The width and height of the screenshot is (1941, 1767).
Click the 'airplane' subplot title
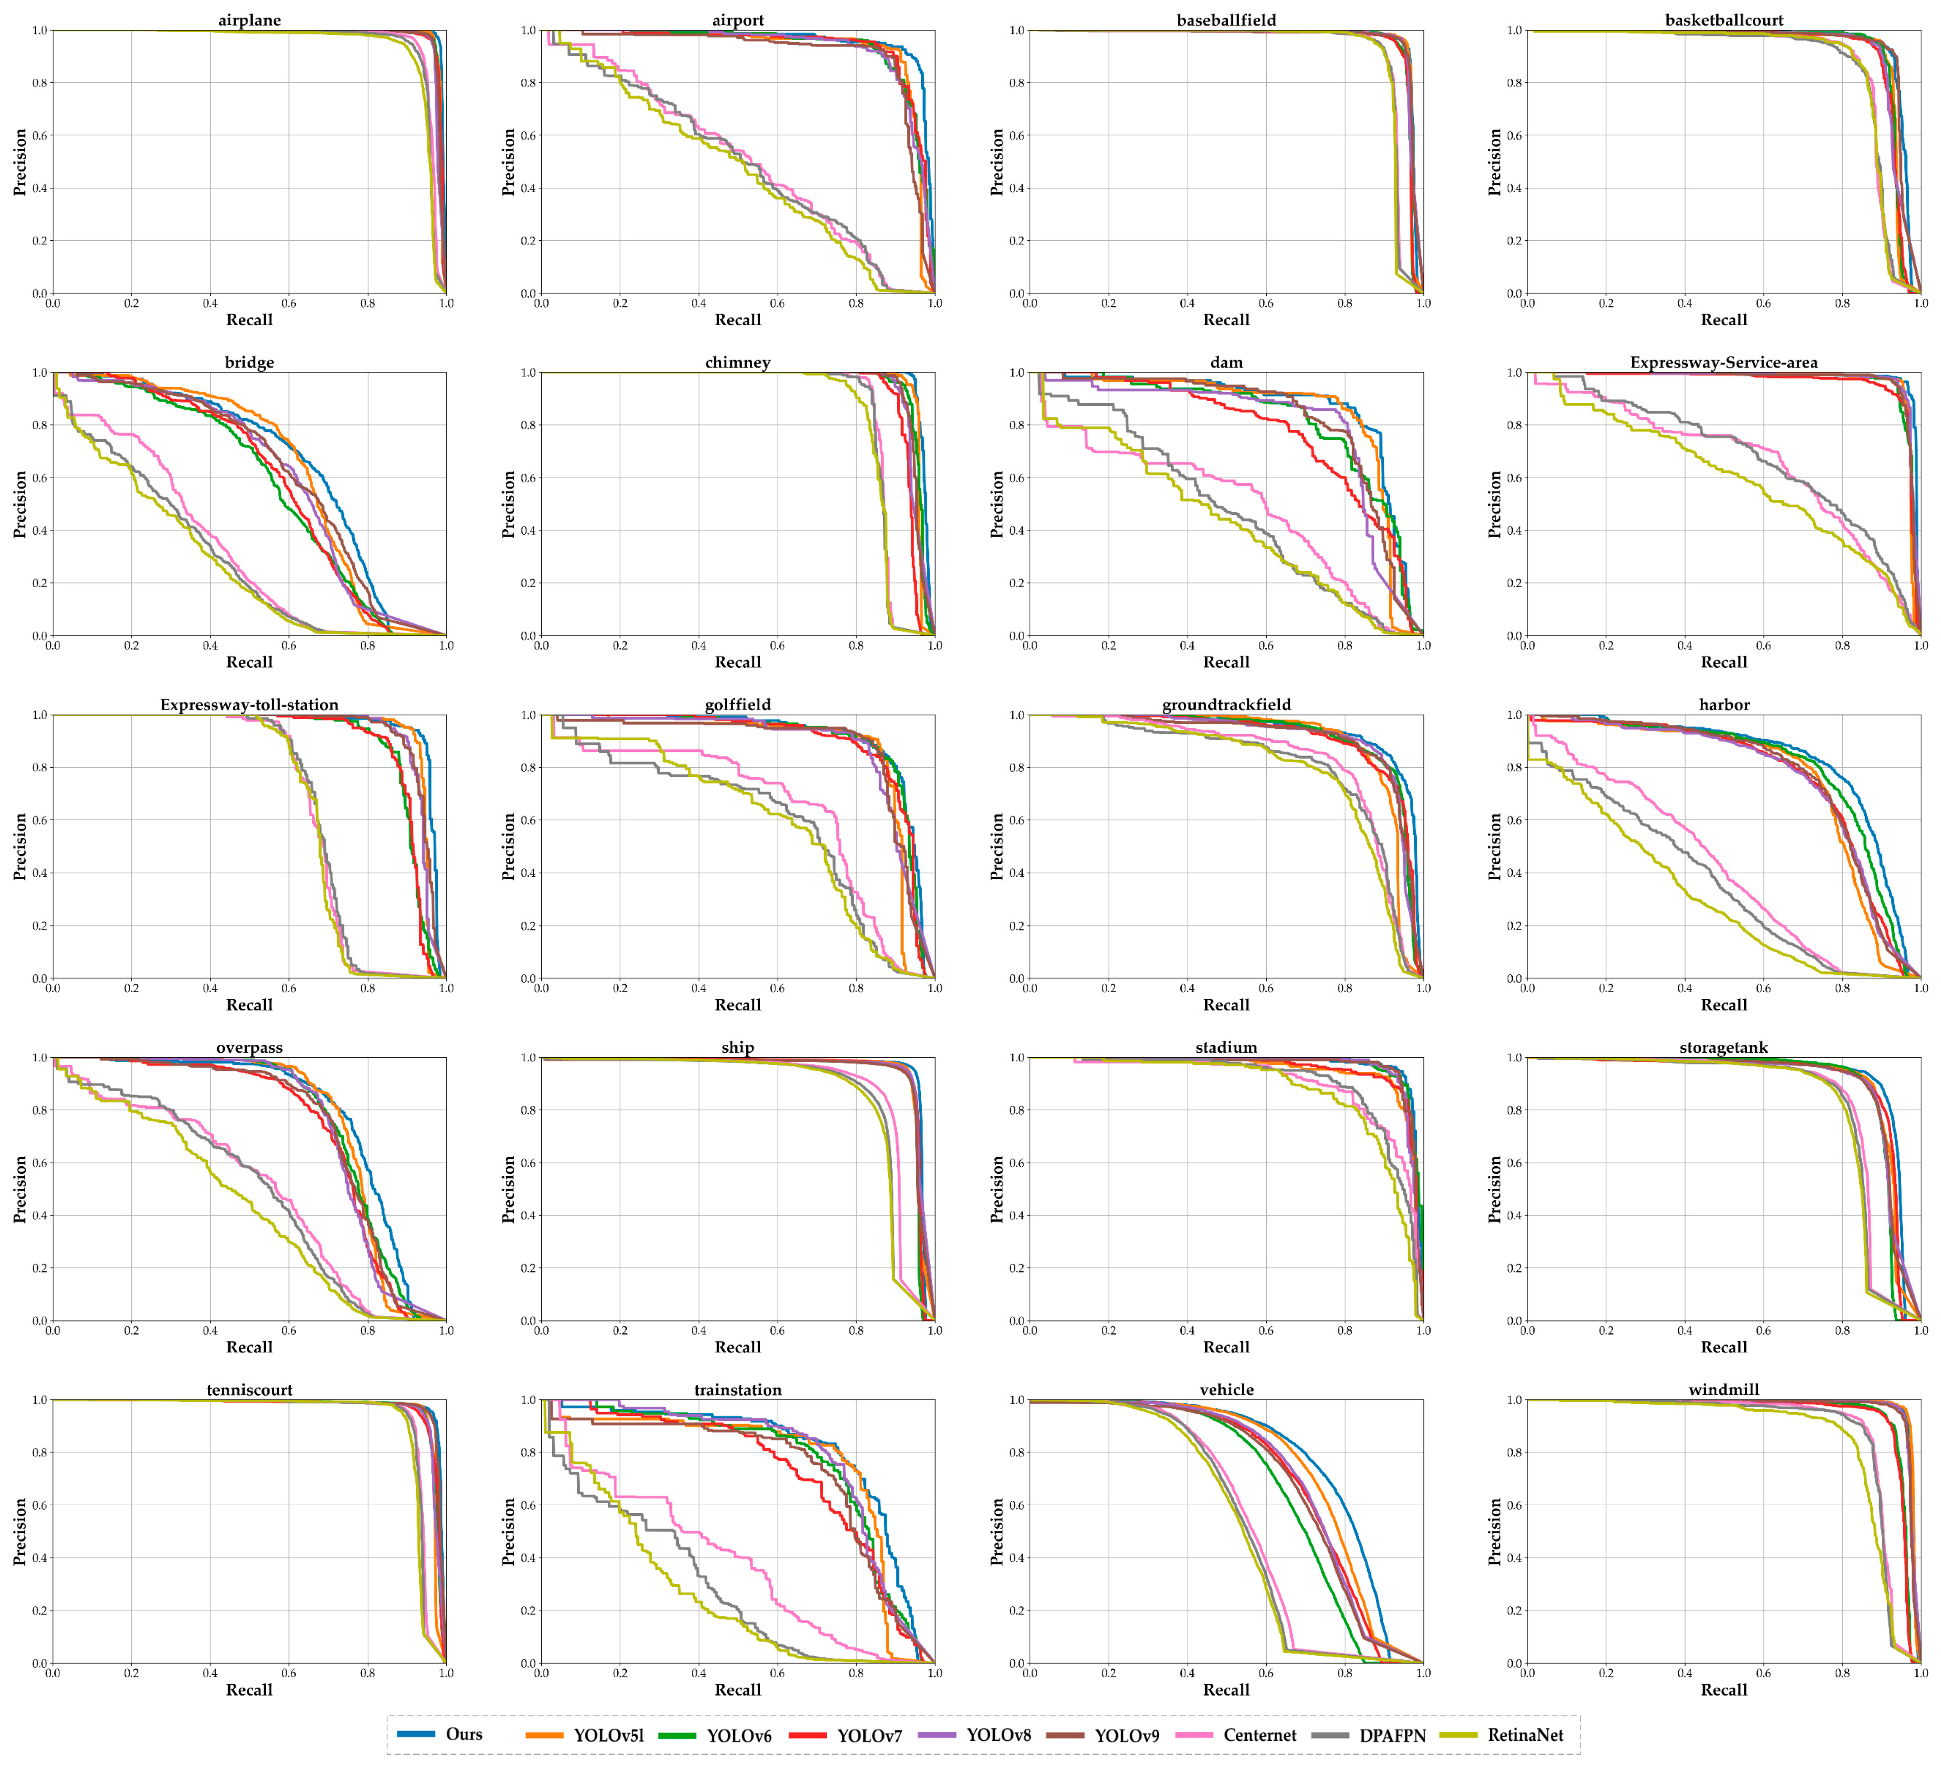[x=249, y=20]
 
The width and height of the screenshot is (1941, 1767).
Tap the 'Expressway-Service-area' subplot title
[x=1723, y=363]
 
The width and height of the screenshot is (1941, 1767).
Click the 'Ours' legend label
[x=463, y=1734]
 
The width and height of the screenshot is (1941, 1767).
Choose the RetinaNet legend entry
[x=1525, y=1736]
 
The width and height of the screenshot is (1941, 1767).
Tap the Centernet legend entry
[x=1259, y=1736]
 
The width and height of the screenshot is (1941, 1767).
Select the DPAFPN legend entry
[x=1392, y=1736]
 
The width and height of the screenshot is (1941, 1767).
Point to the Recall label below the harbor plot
[x=1723, y=1005]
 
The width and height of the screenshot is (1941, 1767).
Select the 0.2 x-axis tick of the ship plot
[x=620, y=1331]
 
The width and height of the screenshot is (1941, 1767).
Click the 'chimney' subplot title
[x=738, y=363]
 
